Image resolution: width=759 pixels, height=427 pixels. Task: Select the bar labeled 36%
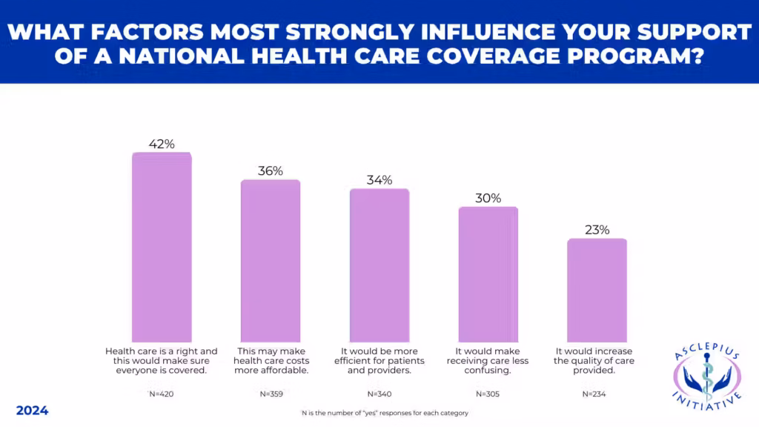271,260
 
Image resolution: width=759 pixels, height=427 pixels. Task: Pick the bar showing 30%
488,274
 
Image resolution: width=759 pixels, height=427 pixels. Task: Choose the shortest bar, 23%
597,290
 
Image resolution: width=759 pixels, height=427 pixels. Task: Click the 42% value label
162,145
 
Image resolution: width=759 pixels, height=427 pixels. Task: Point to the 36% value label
271,171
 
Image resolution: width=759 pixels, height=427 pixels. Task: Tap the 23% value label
597,230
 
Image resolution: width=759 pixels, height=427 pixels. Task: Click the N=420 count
162,394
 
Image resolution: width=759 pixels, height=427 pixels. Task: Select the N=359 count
271,394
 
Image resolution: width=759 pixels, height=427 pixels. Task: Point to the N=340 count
379,394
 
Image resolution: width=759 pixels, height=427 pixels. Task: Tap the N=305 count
488,394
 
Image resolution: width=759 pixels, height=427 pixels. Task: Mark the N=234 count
597,394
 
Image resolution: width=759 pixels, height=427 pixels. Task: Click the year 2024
32,411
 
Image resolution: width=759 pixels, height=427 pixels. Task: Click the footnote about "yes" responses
379,412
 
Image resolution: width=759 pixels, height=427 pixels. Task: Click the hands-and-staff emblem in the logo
706,379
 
